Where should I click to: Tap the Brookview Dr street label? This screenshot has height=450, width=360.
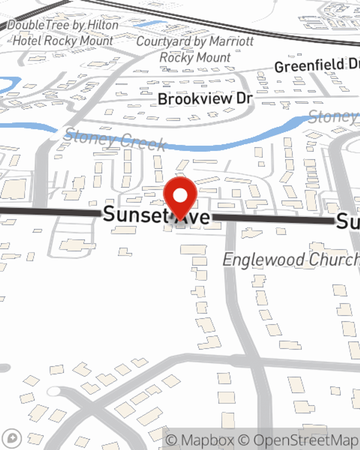tap(205, 99)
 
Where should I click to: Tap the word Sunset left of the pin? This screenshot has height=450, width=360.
tap(135, 214)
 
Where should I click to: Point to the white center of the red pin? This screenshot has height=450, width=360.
tap(180, 196)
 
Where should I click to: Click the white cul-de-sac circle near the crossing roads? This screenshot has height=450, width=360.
tap(54, 391)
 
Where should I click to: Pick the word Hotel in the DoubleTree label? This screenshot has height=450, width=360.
tap(27, 41)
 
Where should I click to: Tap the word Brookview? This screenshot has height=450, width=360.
tap(194, 99)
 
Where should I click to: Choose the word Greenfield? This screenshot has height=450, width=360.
tap(309, 66)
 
